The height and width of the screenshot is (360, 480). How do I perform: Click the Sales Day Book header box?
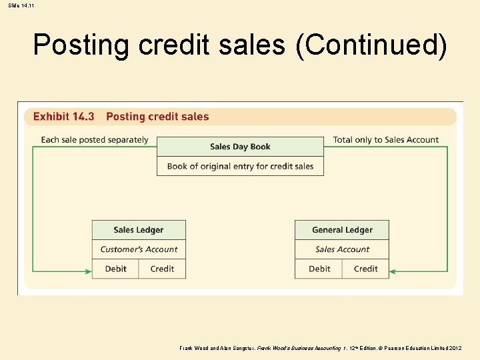pyautogui.click(x=240, y=147)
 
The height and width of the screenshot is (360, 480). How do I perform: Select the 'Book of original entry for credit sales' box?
pyautogui.click(x=240, y=166)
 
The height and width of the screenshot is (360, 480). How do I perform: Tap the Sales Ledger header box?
pyautogui.click(x=139, y=230)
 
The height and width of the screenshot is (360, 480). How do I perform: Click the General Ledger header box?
pyautogui.click(x=342, y=230)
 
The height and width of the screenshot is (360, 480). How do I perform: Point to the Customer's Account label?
pyautogui.click(x=139, y=249)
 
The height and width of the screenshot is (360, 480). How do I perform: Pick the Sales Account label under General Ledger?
pyautogui.click(x=342, y=249)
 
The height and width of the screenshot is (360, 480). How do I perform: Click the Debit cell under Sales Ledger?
pyautogui.click(x=115, y=269)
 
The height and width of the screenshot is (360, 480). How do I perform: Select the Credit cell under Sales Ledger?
pyautogui.click(x=162, y=269)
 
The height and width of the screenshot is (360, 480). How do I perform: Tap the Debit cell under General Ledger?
pyautogui.click(x=319, y=269)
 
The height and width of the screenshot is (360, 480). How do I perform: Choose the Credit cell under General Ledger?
pyautogui.click(x=365, y=269)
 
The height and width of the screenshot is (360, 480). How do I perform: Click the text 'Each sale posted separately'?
pyautogui.click(x=95, y=140)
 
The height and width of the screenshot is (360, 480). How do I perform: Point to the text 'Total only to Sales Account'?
pyautogui.click(x=386, y=140)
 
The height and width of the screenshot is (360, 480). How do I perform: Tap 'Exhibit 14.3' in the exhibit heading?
pyautogui.click(x=63, y=117)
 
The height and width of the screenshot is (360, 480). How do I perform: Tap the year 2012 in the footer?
pyautogui.click(x=469, y=348)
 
